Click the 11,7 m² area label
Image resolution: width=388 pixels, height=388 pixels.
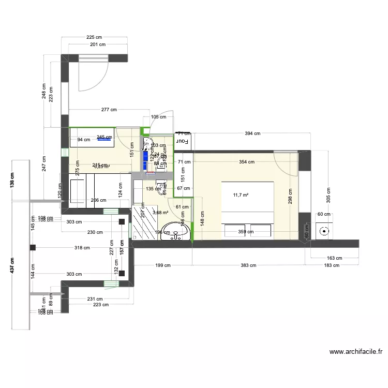point(241,195)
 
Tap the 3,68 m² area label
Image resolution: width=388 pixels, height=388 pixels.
point(160,212)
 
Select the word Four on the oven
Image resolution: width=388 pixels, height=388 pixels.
point(183,140)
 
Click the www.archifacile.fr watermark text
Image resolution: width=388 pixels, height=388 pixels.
point(356,352)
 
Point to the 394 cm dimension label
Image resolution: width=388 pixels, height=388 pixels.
point(252,133)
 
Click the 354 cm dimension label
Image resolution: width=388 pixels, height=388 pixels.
point(246,162)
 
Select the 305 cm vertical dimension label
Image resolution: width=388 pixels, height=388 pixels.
point(328,196)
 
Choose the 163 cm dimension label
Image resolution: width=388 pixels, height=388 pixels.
point(334,258)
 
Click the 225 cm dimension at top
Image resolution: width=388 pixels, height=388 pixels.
point(94,37)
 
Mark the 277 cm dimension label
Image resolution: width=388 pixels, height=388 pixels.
point(109,110)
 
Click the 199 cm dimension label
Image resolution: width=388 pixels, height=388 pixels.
point(162,265)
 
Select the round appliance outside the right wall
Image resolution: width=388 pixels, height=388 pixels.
point(325,232)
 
